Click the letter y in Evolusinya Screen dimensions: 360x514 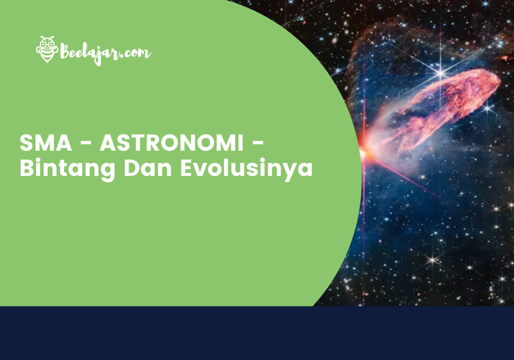(x=288, y=171)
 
